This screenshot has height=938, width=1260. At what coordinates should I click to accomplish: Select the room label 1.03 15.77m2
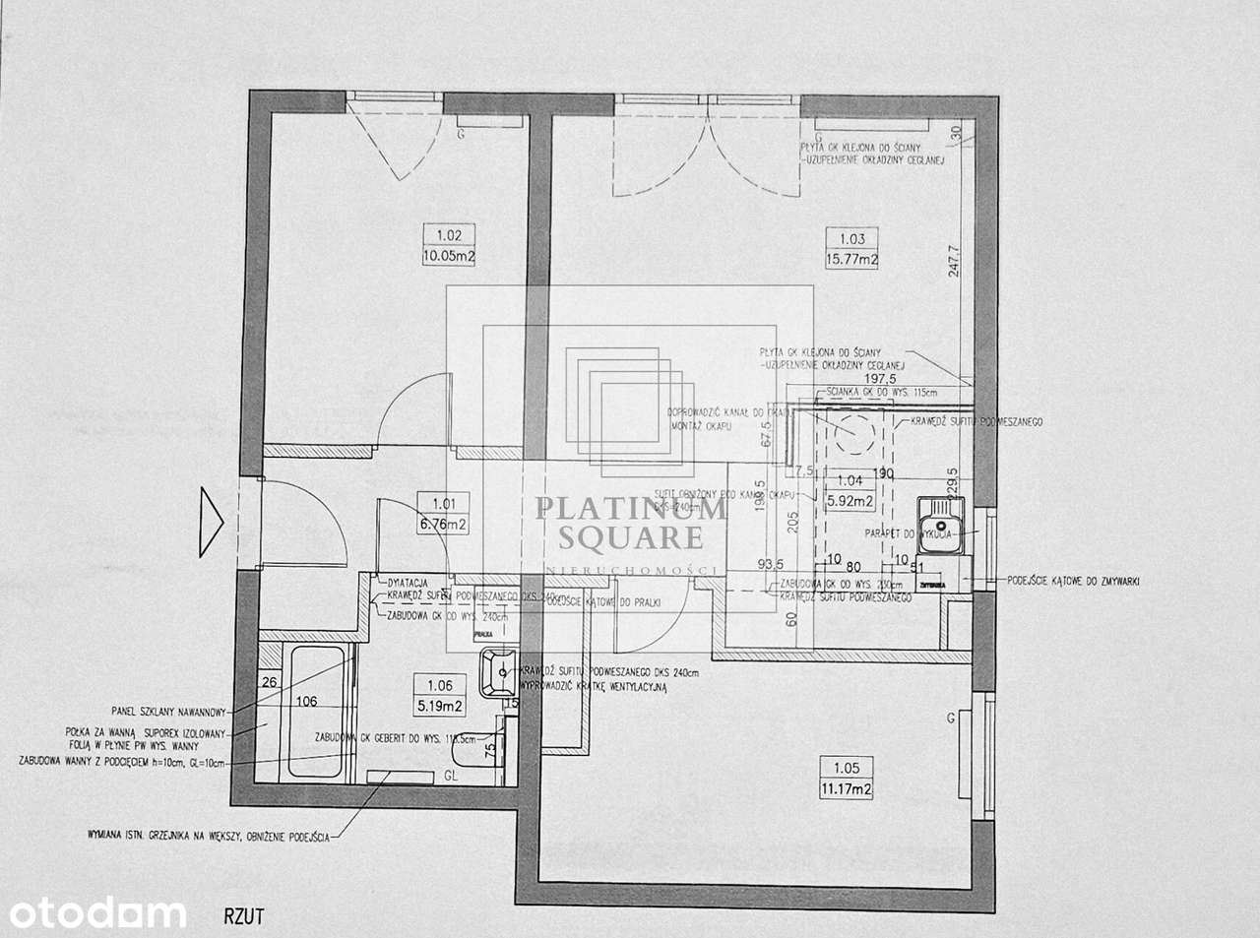[852, 248]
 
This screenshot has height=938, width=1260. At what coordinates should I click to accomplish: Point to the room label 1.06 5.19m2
[440, 695]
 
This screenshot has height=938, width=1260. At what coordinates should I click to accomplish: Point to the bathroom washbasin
[495, 674]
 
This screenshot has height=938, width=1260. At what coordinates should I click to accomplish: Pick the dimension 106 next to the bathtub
[307, 702]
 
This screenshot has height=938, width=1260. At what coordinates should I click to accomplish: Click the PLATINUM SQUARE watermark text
[630, 523]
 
